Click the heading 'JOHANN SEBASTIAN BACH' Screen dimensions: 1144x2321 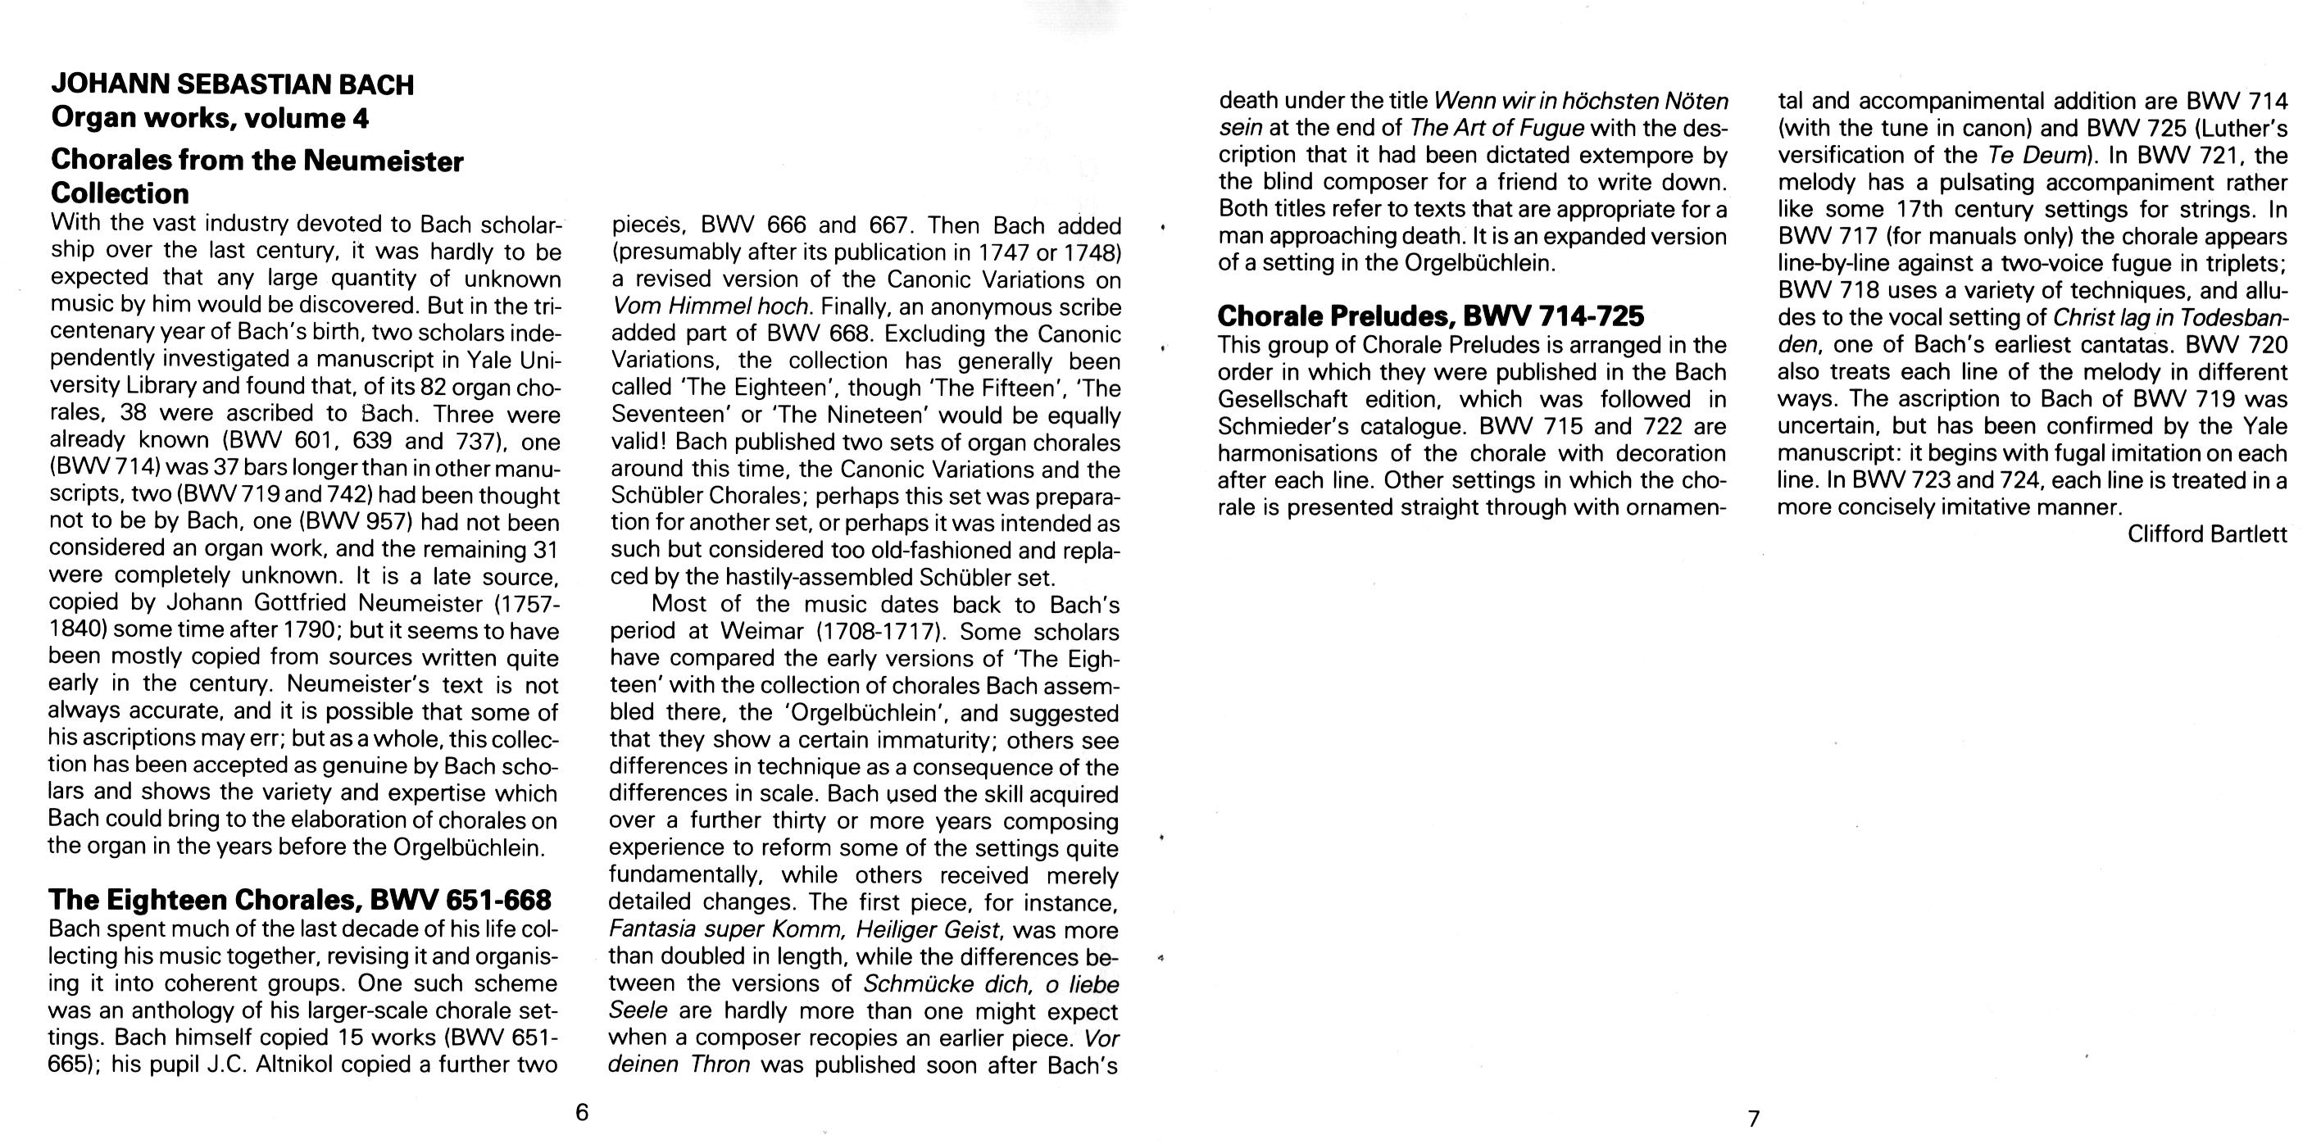point(233,84)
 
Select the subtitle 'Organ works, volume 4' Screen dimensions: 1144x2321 point(210,118)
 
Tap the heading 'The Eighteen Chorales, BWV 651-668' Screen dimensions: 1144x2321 point(299,900)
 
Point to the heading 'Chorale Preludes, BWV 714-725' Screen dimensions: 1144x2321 point(1431,316)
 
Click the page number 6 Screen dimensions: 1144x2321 point(582,1113)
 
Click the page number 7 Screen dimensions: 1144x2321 point(1753,1119)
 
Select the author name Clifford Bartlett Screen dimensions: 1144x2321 point(2207,534)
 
